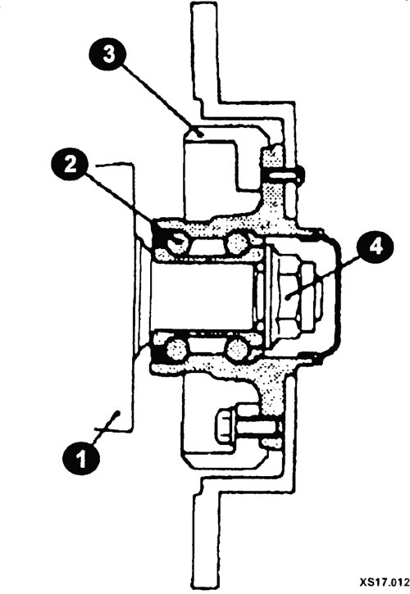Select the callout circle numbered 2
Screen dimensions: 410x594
pos(70,166)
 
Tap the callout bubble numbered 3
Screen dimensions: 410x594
pos(109,55)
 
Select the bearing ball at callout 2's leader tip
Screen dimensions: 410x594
pos(177,243)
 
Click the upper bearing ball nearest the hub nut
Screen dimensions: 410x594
pos(238,244)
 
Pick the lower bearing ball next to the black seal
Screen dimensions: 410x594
pos(177,350)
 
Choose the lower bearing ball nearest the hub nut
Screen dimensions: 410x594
pos(237,349)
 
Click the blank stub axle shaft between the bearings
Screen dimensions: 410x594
pos(202,297)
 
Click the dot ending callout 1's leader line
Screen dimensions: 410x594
pos(118,413)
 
